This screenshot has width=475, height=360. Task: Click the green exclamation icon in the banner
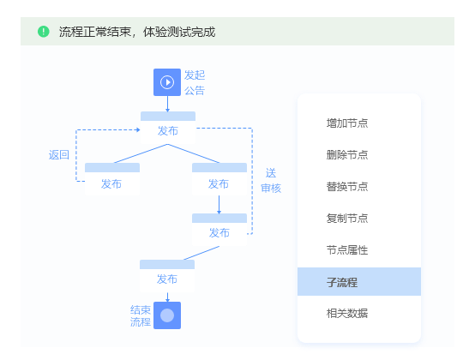pyautogui.click(x=44, y=32)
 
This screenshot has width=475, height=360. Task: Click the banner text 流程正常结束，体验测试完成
pyautogui.click(x=137, y=32)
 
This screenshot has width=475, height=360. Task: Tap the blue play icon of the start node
pyautogui.click(x=167, y=82)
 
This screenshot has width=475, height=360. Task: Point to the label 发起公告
pyautogui.click(x=195, y=82)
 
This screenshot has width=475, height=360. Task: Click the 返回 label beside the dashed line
pyautogui.click(x=59, y=155)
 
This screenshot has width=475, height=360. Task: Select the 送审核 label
pyautogui.click(x=271, y=181)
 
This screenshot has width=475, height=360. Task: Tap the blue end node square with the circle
pyautogui.click(x=167, y=315)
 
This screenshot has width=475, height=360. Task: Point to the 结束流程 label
pyautogui.click(x=141, y=315)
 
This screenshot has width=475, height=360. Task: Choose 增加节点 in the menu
pyautogui.click(x=347, y=123)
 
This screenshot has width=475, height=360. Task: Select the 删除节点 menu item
pyautogui.click(x=347, y=155)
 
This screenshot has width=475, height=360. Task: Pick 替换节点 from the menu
pyautogui.click(x=347, y=187)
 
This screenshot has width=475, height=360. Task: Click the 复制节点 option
pyautogui.click(x=347, y=218)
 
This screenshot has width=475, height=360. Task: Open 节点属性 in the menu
pyautogui.click(x=347, y=250)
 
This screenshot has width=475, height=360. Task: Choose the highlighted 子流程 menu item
pyautogui.click(x=359, y=282)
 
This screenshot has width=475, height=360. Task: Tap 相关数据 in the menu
pyautogui.click(x=347, y=313)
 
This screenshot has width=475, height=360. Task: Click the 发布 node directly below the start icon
pyautogui.click(x=168, y=128)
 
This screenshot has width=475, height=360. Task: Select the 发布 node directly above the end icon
pyautogui.click(x=167, y=275)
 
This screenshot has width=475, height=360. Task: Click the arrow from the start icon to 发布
pyautogui.click(x=167, y=104)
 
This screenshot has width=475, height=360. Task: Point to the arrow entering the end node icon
pyautogui.click(x=167, y=297)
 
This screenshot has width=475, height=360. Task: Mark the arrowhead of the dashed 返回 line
pyautogui.click(x=138, y=130)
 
